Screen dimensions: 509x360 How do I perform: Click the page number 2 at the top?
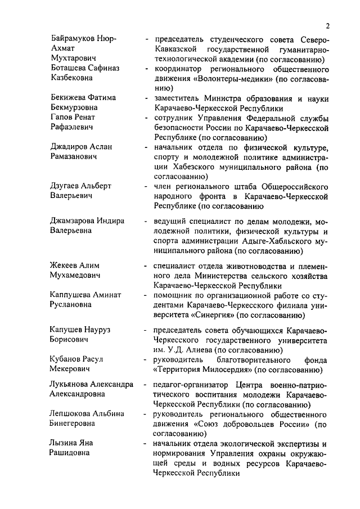[x=327, y=26]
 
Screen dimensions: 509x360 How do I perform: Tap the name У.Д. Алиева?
[x=191, y=350]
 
